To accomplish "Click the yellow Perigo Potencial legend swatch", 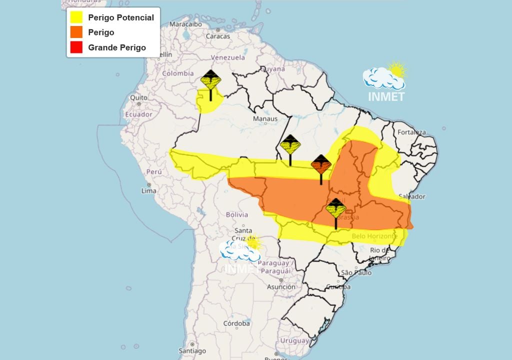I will (x=76, y=17).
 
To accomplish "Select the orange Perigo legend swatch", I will (x=76, y=32).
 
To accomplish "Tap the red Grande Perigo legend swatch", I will (x=76, y=47).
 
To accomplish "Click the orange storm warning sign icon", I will (x=321, y=164).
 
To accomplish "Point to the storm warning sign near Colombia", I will (x=210, y=80).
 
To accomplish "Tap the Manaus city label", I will (x=265, y=119).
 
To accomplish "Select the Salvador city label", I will (x=413, y=196).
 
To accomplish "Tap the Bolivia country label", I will (x=237, y=214).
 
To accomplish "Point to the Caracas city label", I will (x=218, y=36).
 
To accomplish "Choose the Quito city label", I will (x=138, y=97).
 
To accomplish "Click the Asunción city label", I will (x=280, y=287).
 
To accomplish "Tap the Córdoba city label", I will (x=236, y=323).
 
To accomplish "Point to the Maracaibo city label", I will (x=185, y=24).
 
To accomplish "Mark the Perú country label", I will (x=154, y=172).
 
